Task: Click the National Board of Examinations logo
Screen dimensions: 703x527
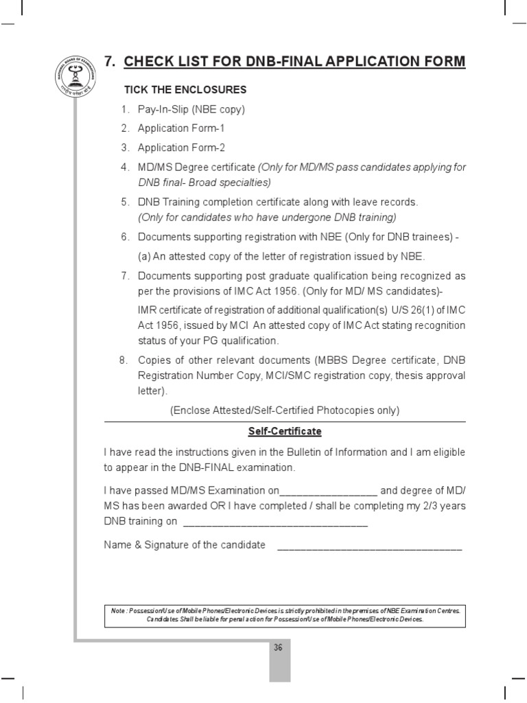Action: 75,80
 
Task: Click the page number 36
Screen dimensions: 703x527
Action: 279,647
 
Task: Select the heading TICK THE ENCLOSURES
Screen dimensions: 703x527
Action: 185,90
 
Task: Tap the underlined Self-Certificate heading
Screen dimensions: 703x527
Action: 285,432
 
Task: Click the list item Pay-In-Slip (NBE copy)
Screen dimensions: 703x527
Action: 191,109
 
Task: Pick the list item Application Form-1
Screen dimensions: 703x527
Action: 181,128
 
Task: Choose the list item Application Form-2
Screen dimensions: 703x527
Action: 181,148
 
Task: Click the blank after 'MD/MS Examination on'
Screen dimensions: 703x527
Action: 329,494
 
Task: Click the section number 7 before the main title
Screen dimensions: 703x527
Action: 108,62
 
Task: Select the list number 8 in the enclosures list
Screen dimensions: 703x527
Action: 124,360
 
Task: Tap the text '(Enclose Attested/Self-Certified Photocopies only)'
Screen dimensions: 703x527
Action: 285,411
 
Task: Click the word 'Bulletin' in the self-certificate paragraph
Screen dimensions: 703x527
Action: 318,452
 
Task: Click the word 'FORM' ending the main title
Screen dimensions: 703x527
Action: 443,62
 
